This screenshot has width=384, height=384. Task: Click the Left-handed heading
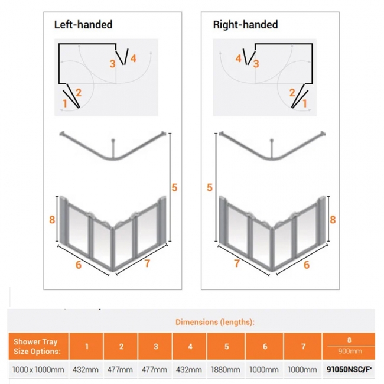coord(83,25)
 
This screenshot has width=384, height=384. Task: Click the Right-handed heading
coord(245,25)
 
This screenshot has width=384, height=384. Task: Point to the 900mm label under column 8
coord(349,350)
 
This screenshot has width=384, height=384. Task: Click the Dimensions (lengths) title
coord(215,322)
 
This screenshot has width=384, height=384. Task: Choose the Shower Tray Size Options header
coord(37,346)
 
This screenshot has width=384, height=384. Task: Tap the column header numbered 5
coord(227,346)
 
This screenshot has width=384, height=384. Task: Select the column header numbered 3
coord(155,346)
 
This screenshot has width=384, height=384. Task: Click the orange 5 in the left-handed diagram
coord(174,187)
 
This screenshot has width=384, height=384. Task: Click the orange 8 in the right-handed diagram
coord(333,219)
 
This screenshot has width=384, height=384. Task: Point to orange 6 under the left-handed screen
coord(79,265)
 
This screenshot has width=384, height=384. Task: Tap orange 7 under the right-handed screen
coord(237,263)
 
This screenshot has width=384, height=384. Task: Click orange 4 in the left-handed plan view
coord(134,58)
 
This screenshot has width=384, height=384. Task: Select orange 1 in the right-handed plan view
coord(305,103)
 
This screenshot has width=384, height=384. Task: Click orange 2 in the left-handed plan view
coord(78,92)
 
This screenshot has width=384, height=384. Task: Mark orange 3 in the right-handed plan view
coord(256,64)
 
